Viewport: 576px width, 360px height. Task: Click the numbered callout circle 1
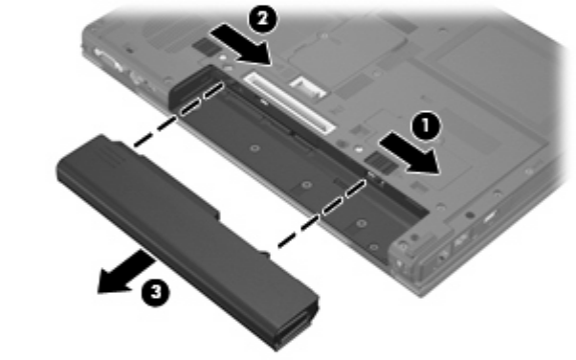[426, 125]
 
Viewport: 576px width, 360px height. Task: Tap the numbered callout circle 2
[263, 18]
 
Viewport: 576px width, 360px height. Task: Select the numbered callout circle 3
[156, 292]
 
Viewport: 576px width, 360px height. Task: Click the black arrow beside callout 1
[410, 154]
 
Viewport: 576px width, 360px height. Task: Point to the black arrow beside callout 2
[241, 44]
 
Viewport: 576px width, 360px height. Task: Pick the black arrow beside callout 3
[126, 273]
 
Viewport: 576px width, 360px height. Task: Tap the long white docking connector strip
[290, 102]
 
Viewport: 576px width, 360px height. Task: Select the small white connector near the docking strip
[308, 87]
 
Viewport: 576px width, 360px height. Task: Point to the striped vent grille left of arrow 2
[204, 46]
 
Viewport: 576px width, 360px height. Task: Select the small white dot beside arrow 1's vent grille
[359, 149]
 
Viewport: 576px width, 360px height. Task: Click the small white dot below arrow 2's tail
[222, 57]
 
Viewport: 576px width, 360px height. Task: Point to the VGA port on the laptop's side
[109, 61]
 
